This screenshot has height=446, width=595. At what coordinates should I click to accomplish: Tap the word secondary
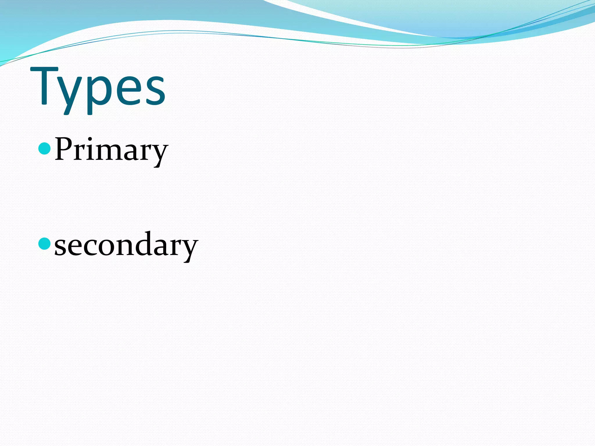click(x=126, y=245)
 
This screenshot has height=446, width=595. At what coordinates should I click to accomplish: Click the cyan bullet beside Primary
click(x=44, y=148)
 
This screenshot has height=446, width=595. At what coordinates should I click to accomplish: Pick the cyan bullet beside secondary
click(x=44, y=243)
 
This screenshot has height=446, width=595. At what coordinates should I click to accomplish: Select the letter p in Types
click(x=96, y=93)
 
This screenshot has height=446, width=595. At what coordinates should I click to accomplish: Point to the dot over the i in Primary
click(x=91, y=139)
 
